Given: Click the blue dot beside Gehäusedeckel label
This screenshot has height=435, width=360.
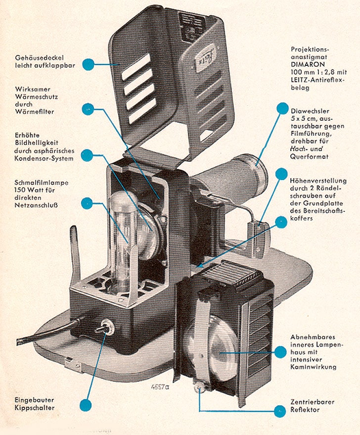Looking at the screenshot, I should (89, 64).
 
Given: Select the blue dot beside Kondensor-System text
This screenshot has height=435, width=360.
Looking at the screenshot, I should (87, 154).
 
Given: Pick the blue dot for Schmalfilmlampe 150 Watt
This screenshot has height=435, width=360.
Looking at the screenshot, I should (87, 202).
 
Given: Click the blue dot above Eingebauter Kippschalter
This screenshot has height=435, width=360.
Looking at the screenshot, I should (85, 405).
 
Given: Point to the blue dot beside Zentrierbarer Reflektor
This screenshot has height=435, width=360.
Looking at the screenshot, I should (280, 410).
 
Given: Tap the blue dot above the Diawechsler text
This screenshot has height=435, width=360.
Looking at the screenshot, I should (282, 108).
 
